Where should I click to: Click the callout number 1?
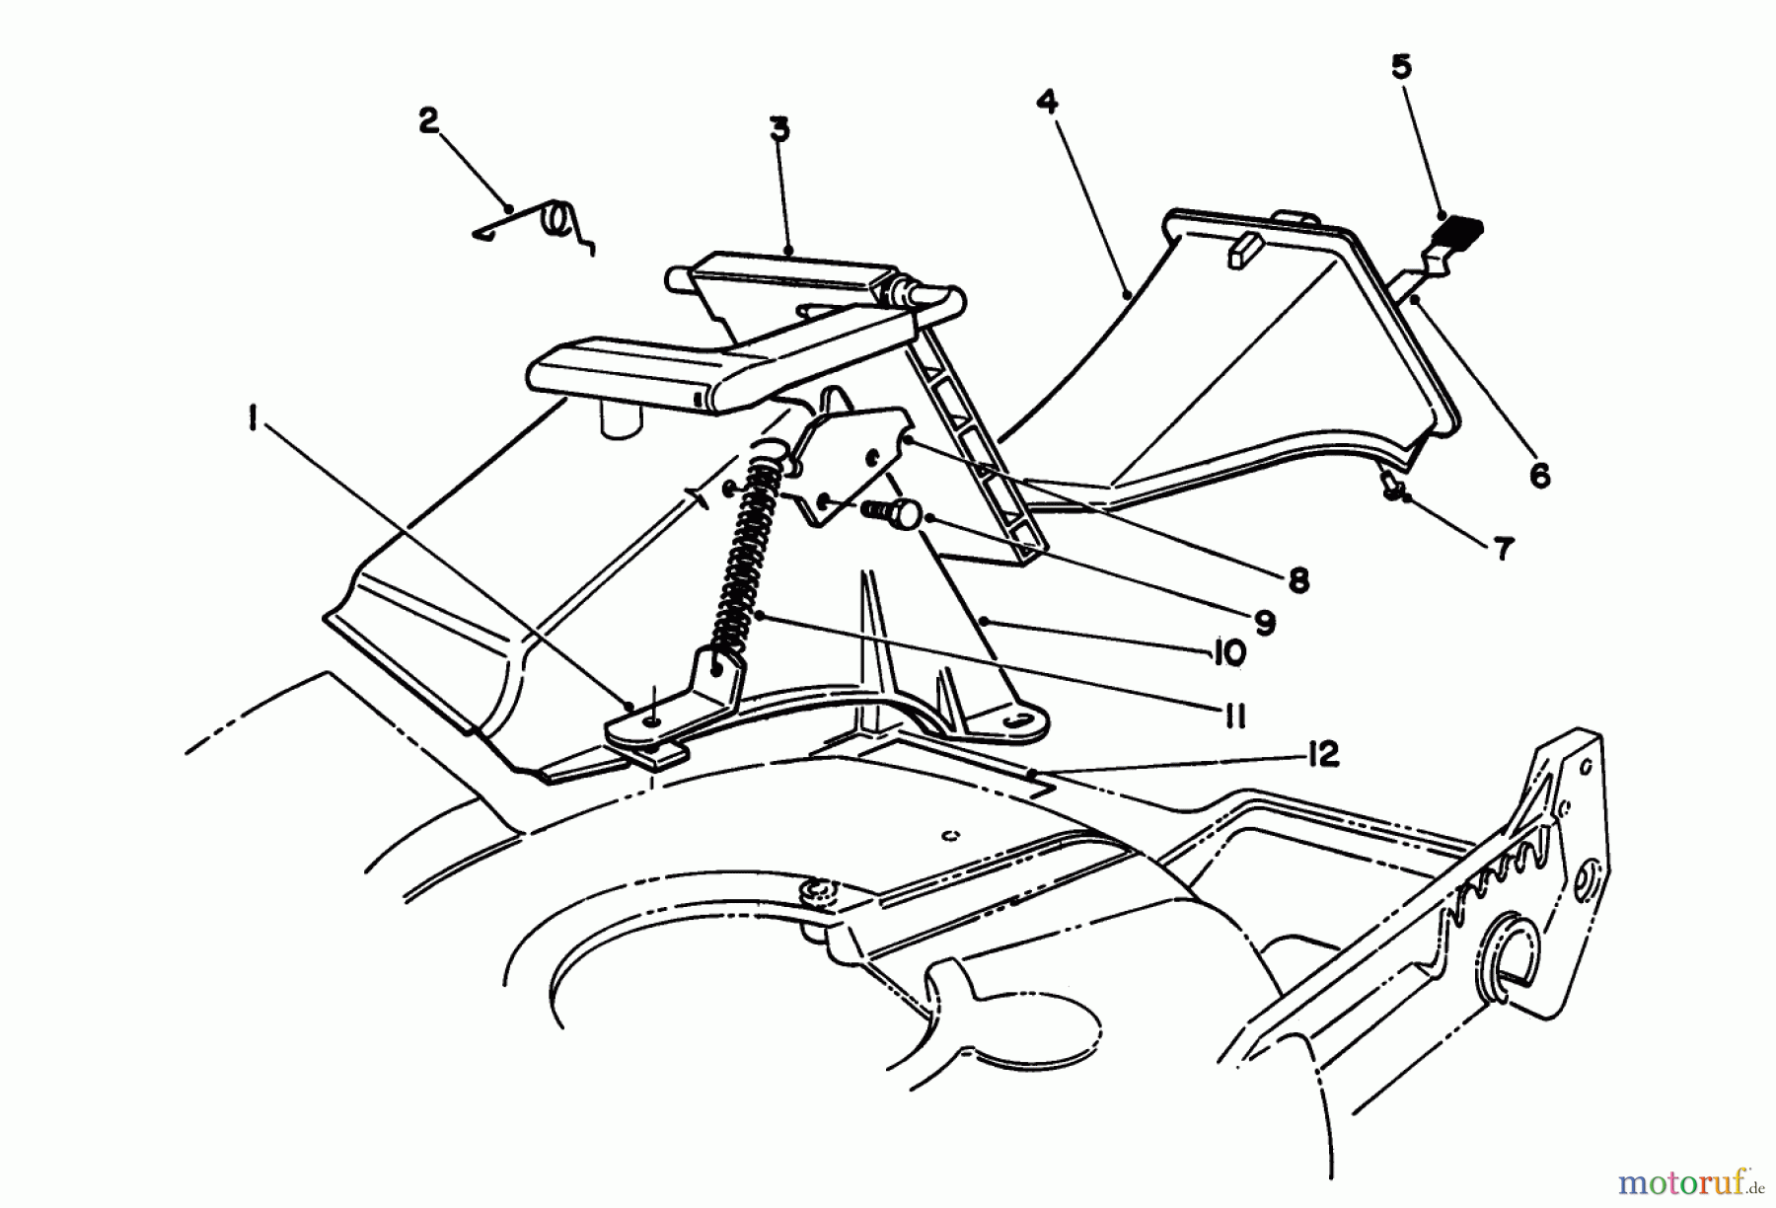click(255, 421)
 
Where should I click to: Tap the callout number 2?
click(428, 121)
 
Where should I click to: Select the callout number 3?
click(779, 129)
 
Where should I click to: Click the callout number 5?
click(1401, 67)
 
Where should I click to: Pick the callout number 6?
click(1539, 476)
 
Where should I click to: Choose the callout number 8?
click(1298, 580)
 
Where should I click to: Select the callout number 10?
click(1224, 653)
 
